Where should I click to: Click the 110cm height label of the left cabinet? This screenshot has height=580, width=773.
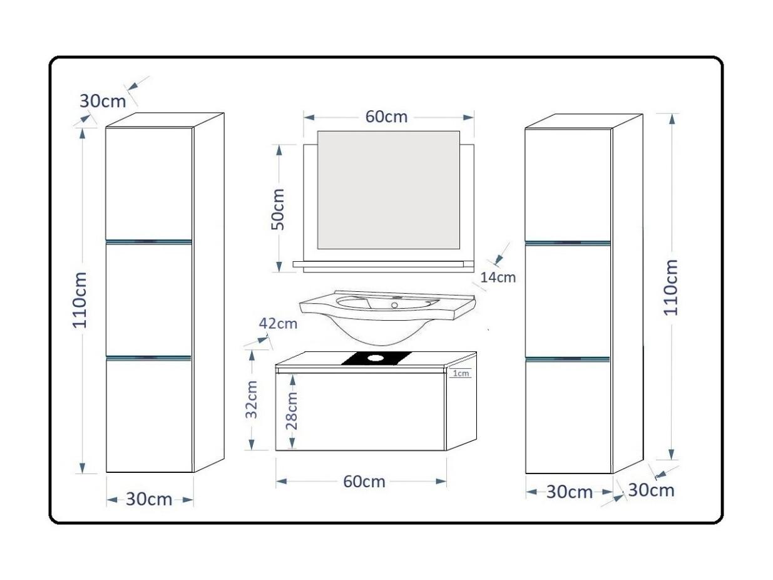[x=79, y=299]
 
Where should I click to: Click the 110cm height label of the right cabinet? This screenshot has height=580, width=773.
[x=670, y=287]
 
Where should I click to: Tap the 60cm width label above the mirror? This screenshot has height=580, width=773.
[x=386, y=117]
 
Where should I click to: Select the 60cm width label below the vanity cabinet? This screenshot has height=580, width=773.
[x=364, y=482]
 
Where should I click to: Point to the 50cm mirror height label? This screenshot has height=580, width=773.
[x=277, y=209]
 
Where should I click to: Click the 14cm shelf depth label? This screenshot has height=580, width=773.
[x=498, y=277]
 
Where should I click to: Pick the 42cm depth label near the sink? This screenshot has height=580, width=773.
[x=278, y=323]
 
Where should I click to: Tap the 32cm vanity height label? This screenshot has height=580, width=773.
[x=252, y=399]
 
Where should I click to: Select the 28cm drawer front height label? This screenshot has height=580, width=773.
[x=292, y=411]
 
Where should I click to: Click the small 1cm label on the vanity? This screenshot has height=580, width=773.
[x=461, y=373]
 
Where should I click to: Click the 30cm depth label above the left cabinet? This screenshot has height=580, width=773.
[x=103, y=101]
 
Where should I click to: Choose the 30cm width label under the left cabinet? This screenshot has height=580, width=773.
[x=149, y=499]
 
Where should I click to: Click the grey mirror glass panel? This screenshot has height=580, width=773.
[x=389, y=190]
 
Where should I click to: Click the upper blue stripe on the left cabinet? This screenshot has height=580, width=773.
[x=149, y=242]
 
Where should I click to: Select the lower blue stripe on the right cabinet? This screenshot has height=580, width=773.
[x=567, y=360]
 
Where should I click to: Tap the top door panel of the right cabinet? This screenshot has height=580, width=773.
[x=568, y=184]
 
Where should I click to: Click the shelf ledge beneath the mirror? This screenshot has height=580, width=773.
[x=383, y=264]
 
